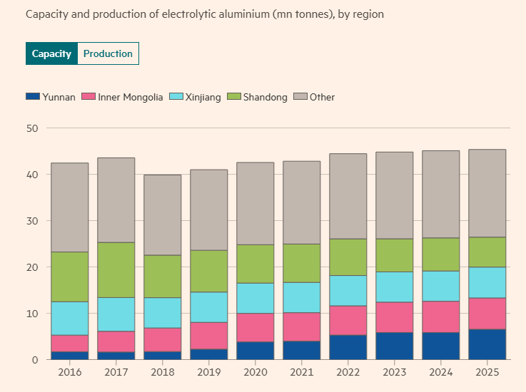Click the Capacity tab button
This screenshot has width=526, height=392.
51,53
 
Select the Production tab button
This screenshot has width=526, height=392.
108,53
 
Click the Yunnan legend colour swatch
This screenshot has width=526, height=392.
32,97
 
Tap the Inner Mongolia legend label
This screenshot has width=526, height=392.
131,97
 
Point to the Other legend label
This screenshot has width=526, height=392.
322,97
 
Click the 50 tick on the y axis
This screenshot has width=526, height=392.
32,128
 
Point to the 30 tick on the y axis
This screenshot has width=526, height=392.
32,221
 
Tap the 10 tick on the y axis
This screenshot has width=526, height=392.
32,314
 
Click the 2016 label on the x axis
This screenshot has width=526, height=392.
69,372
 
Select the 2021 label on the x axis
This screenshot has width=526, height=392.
301,372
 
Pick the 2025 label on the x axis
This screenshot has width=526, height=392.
487,372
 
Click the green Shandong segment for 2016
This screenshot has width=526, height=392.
69,277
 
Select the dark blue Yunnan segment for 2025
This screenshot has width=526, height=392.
487,344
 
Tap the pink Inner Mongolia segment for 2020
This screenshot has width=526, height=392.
255,328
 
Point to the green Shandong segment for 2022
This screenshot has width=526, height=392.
348,257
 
